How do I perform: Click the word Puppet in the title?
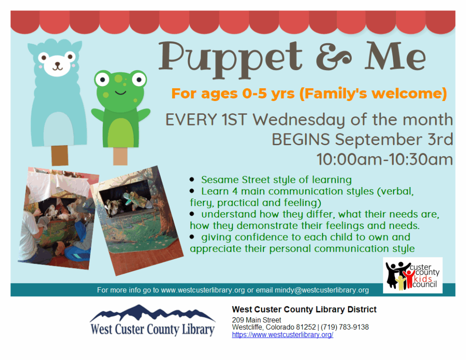pyautogui.click(x=230, y=60)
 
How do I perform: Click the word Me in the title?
pyautogui.click(x=395, y=56)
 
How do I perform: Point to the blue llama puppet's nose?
pyautogui.click(x=57, y=64)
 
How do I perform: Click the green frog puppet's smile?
pyautogui.click(x=120, y=92)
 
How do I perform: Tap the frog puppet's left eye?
pyautogui.click(x=102, y=79)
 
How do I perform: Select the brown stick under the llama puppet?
pyautogui.click(x=60, y=156)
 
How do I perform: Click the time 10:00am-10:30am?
pyautogui.click(x=385, y=159)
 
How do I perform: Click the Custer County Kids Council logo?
pyautogui.click(x=412, y=275)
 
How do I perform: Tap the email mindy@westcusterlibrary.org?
pyautogui.click(x=322, y=290)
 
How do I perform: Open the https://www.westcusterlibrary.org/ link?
pyautogui.click(x=282, y=335)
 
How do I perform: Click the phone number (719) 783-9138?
pyautogui.click(x=345, y=327)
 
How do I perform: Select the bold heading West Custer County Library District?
pyautogui.click(x=304, y=309)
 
